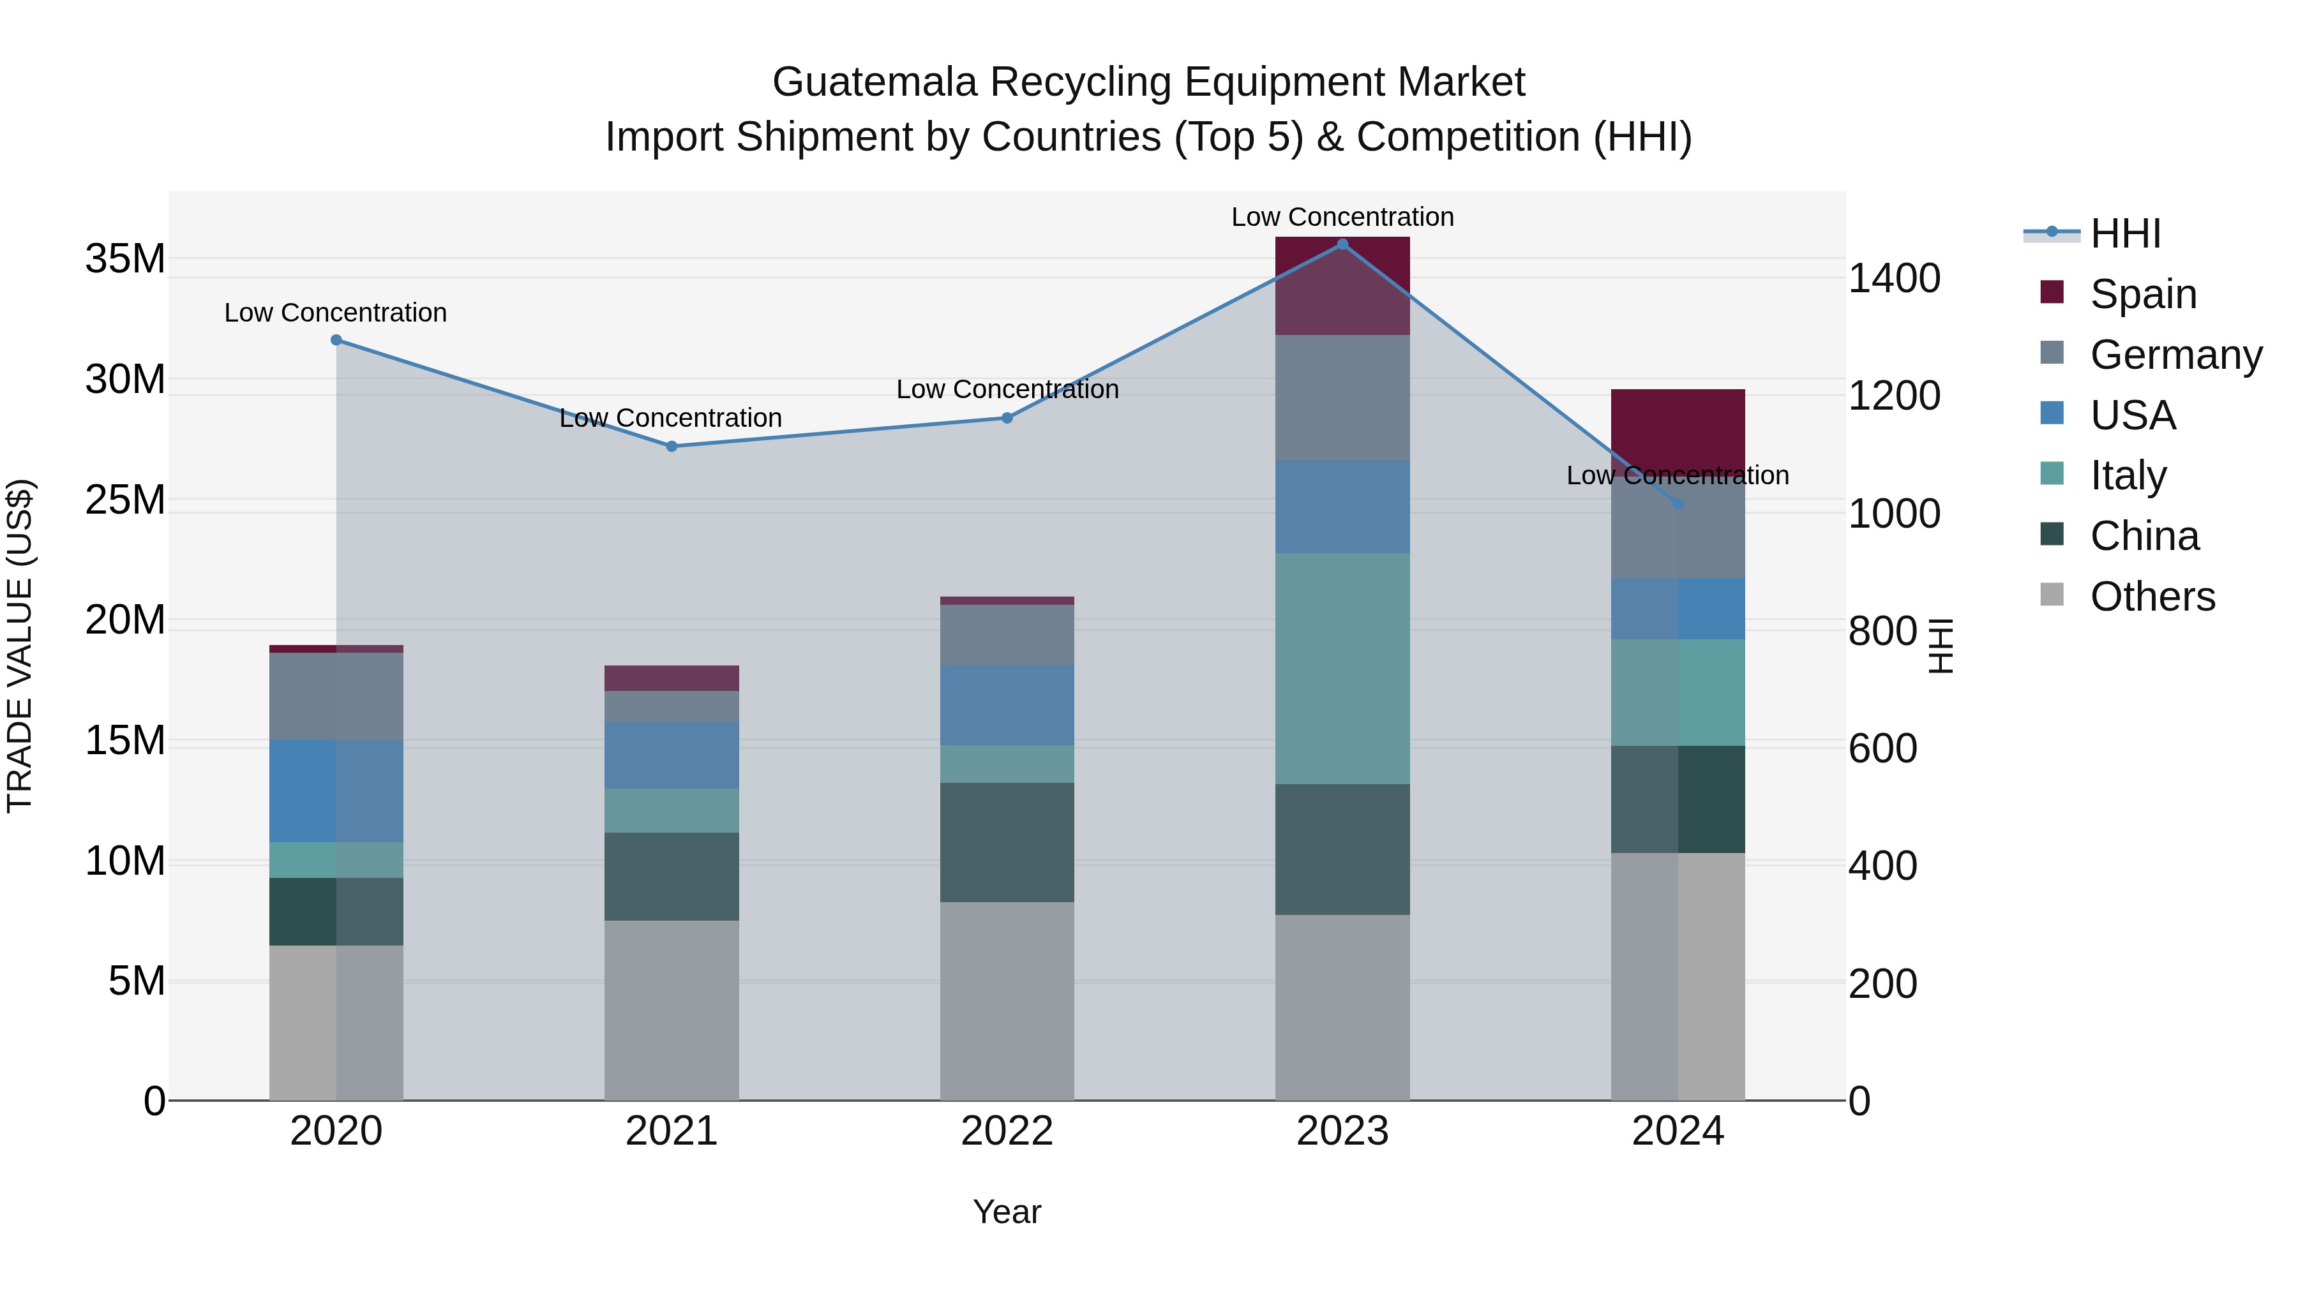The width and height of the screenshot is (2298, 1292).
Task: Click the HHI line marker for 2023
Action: tap(1342, 244)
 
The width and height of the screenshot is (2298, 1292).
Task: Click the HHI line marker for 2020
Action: tap(336, 339)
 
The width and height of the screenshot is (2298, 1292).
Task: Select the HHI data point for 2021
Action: tap(672, 446)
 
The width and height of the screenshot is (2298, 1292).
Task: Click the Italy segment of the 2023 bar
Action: tap(1342, 668)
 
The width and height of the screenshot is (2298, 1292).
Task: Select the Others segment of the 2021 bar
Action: tap(672, 1009)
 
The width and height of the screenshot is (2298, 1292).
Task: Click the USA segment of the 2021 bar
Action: tap(672, 754)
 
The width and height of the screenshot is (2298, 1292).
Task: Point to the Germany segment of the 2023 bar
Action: tap(1342, 397)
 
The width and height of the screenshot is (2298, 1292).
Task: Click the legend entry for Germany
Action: tap(2175, 355)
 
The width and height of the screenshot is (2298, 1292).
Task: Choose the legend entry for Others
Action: tap(2152, 597)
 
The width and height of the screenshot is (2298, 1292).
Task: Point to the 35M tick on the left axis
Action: tap(125, 260)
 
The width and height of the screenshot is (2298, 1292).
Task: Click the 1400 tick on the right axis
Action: tap(1893, 278)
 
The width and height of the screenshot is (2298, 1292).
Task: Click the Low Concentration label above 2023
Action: tap(1342, 217)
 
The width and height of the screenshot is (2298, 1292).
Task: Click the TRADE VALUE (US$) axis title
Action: tap(20, 646)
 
